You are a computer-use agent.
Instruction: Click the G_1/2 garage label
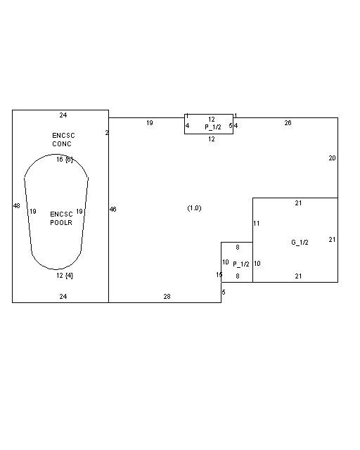point(300,243)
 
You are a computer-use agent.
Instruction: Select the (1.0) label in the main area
point(194,208)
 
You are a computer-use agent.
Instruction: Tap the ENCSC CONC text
point(63,139)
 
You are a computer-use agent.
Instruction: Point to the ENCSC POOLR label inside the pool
point(61,219)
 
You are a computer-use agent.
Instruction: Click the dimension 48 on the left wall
point(17,206)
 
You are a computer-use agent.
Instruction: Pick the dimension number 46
point(112,210)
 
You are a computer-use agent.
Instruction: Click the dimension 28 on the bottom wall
point(167,297)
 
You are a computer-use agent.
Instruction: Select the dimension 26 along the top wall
point(288,123)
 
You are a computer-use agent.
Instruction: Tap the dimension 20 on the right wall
point(332,157)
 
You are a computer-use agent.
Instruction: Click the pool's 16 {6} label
point(65,160)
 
